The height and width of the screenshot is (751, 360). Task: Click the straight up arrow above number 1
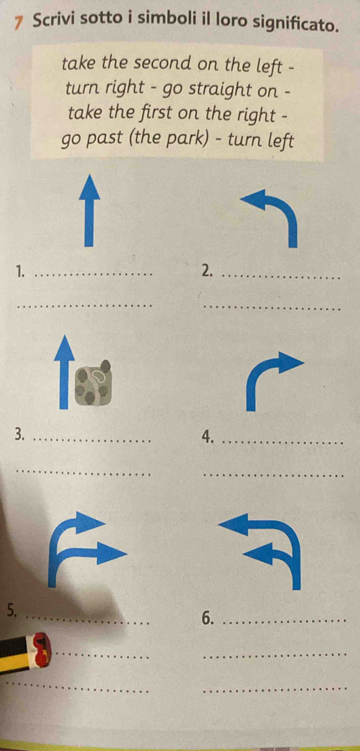(88, 211)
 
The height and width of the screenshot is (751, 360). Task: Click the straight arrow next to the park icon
(64, 372)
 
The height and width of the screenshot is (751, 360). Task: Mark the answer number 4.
(207, 436)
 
